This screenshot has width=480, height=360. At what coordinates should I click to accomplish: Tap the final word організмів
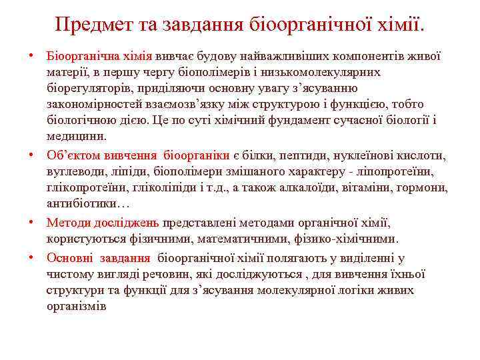coord(76,306)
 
